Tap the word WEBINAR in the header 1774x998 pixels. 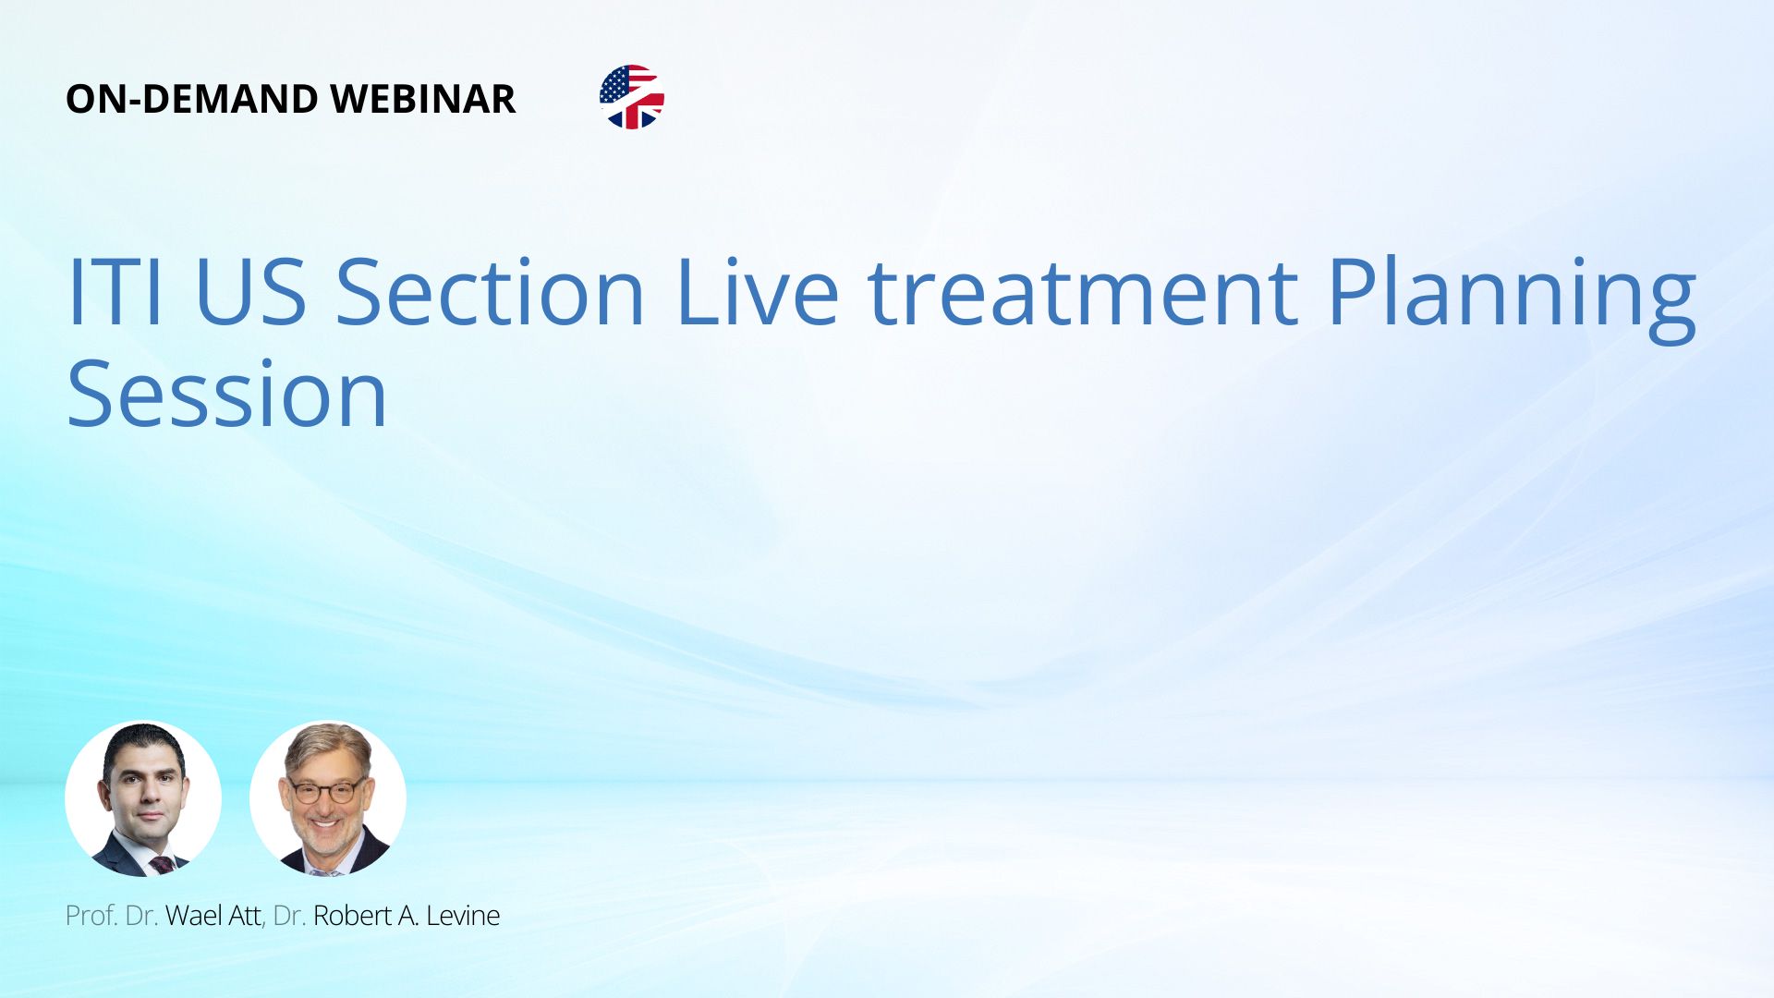pos(423,99)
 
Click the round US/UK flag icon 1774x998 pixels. pos(632,97)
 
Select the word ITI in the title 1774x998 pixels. pos(115,292)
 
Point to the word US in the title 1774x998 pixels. pos(250,292)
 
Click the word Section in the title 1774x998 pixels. pos(490,292)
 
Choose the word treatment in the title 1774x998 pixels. pos(1083,292)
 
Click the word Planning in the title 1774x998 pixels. pos(1513,298)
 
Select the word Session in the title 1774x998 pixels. pos(227,396)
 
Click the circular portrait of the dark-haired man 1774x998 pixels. pos(143,799)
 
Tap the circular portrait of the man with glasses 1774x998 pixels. pos(328,799)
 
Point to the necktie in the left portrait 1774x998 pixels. pos(162,865)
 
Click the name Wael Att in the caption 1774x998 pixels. pos(213,916)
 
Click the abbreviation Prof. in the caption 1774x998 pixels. pos(91,916)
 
